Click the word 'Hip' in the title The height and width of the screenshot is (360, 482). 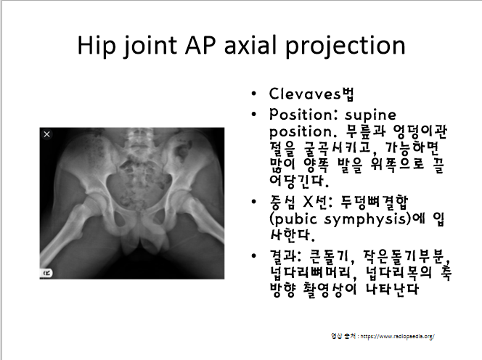point(99,45)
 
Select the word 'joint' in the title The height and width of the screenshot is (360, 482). point(159,45)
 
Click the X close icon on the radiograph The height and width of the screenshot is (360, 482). point(46,134)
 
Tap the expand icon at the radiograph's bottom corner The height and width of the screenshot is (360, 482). point(46,272)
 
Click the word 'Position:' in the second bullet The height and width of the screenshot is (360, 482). point(302,115)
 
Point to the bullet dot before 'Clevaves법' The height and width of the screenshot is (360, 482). point(252,95)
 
